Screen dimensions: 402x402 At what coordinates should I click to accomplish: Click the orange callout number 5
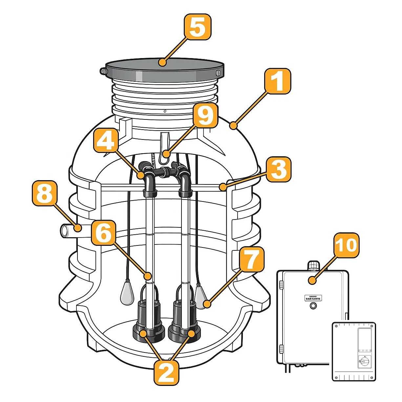(197, 27)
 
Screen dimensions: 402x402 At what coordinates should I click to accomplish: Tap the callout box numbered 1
(278, 81)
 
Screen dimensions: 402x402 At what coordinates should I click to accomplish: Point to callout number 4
(106, 140)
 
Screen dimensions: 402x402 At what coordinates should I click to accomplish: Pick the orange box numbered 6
(103, 233)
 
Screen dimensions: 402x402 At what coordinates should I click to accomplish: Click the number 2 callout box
(166, 372)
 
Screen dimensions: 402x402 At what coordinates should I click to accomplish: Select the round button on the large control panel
(314, 306)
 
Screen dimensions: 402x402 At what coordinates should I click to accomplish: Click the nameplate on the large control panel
(313, 298)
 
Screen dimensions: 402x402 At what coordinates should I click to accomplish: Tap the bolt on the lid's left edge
(103, 71)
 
